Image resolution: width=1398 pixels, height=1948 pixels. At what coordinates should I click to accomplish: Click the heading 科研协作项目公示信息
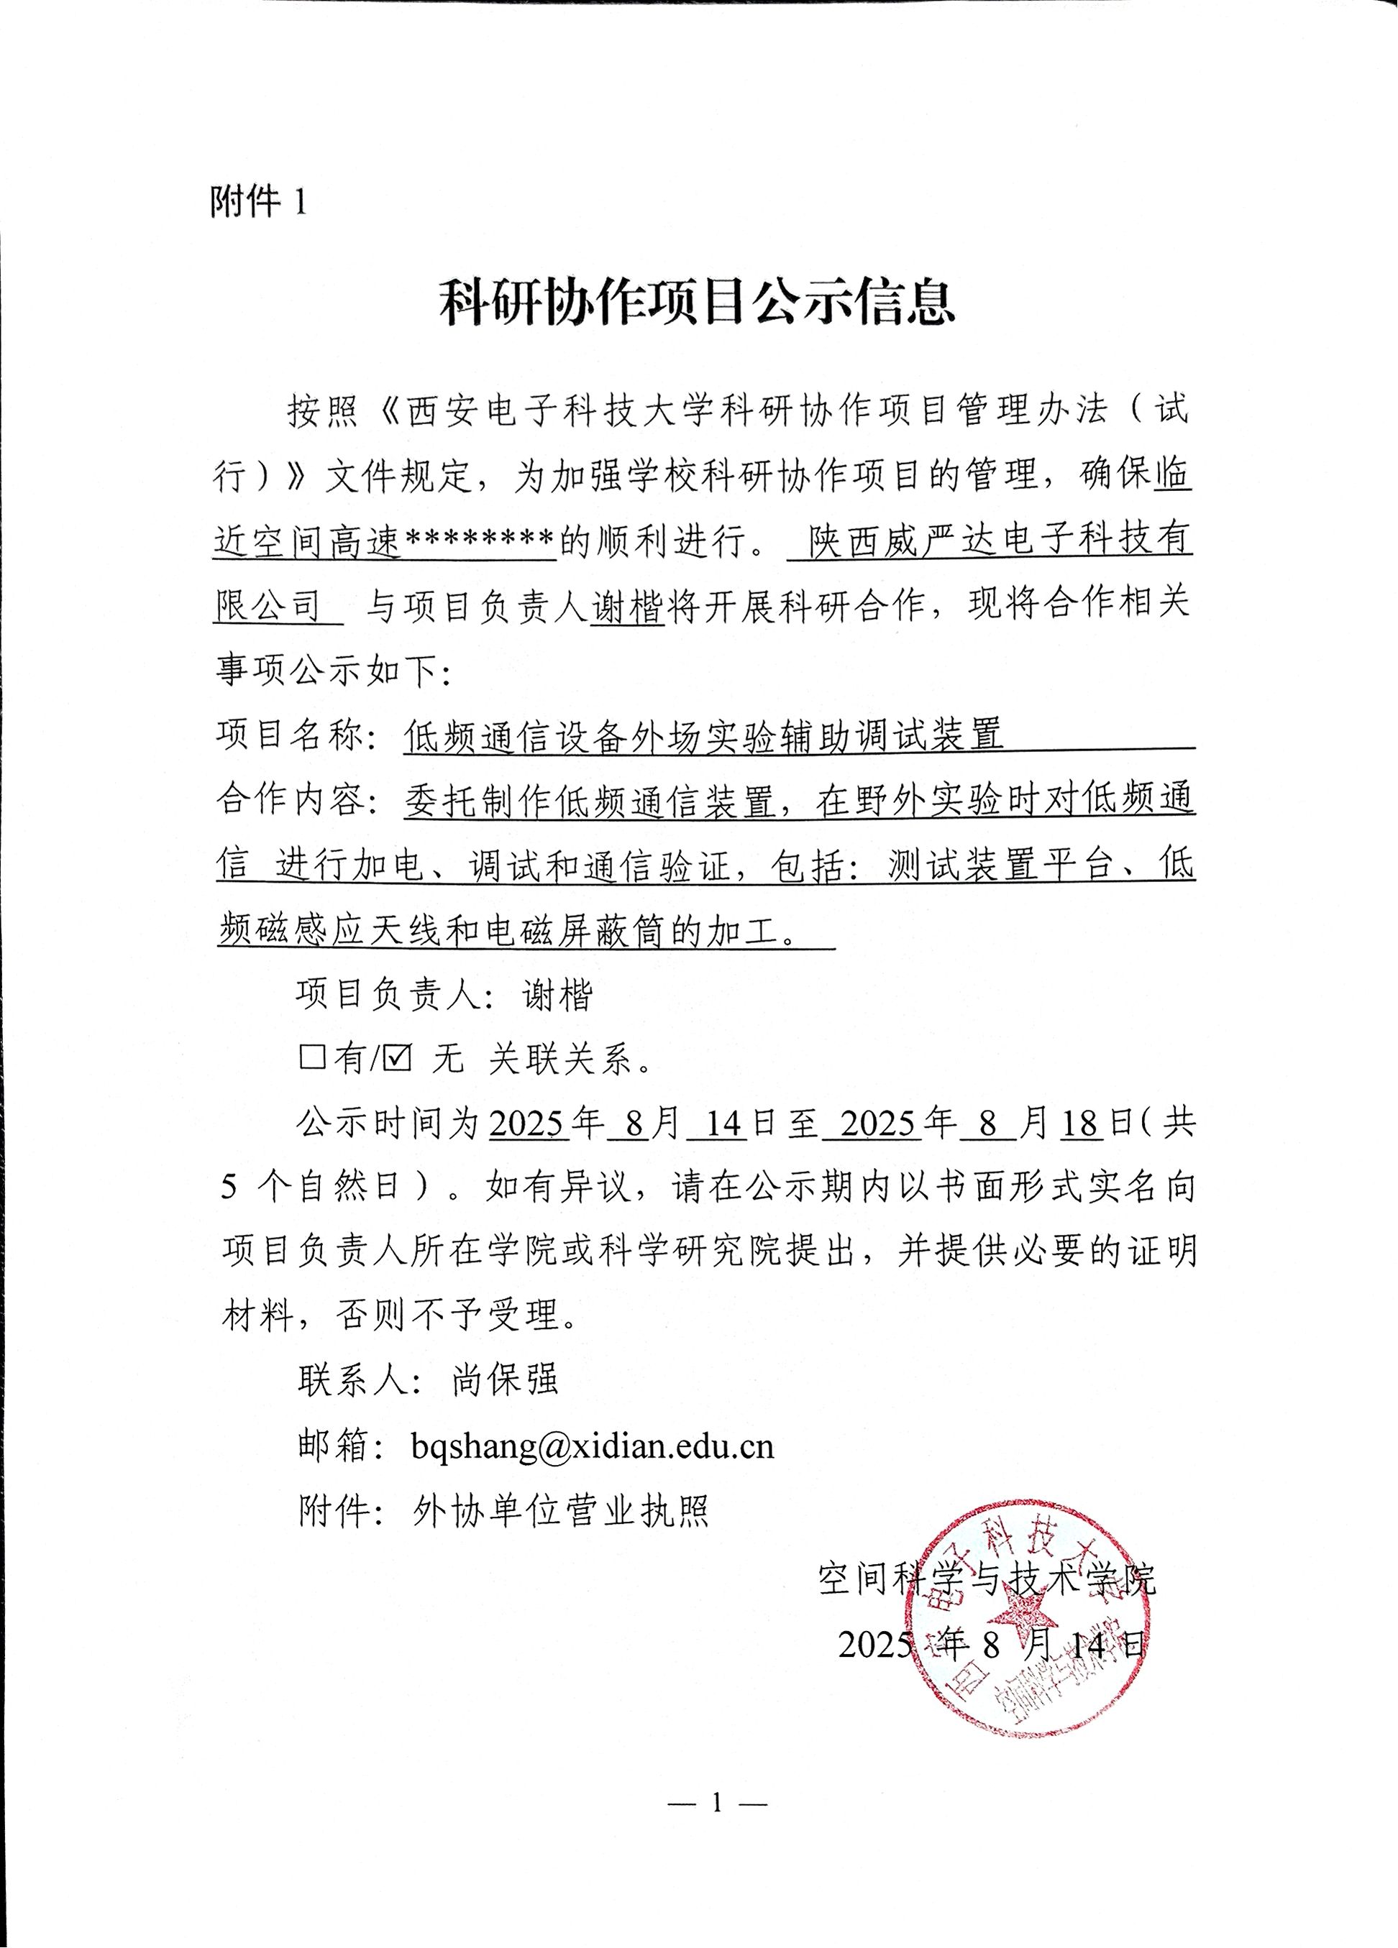[x=698, y=303]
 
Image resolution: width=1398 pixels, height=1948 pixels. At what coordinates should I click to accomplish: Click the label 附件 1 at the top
[x=257, y=203]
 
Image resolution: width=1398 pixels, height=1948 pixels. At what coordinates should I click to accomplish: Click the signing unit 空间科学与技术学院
[x=987, y=1577]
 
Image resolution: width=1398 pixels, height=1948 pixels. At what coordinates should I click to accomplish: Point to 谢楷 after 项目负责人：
[x=557, y=995]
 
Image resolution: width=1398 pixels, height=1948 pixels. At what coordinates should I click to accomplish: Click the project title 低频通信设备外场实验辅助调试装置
[x=703, y=735]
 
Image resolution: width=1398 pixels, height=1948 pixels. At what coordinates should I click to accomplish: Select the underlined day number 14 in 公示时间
[x=724, y=1124]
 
